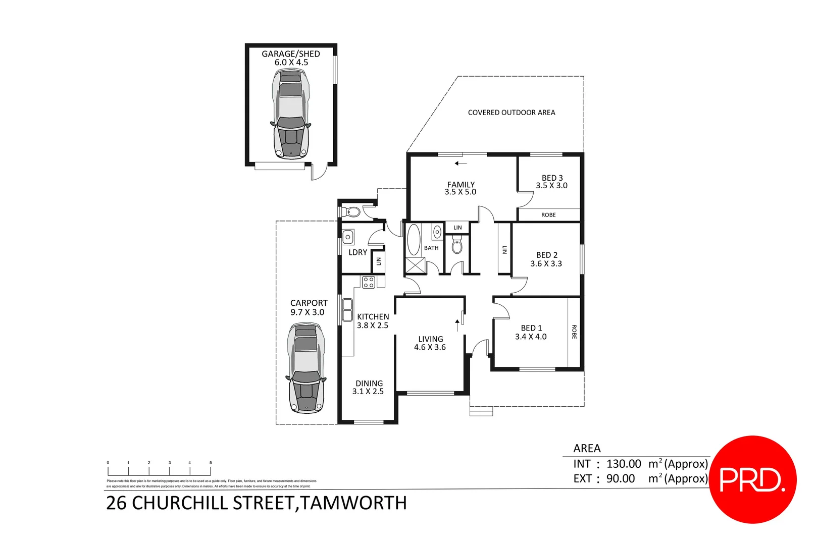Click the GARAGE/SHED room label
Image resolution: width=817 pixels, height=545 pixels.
290,54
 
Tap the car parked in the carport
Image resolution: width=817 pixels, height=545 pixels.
305,368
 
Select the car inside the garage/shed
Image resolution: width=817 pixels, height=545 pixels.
291,114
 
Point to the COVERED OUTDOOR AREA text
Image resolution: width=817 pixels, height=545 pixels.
511,113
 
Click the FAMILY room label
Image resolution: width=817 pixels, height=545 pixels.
461,185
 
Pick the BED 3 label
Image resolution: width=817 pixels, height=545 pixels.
552,178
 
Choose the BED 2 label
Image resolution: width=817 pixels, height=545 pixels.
546,255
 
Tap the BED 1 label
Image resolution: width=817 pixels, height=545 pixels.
531,328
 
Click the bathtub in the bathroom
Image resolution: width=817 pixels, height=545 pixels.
414,240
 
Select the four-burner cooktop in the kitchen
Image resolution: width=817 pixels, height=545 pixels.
369,282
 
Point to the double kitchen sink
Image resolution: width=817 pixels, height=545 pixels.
347,310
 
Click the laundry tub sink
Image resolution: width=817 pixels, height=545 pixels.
348,237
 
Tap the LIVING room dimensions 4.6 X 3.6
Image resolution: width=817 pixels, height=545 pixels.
430,347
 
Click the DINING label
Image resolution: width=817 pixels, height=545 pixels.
369,384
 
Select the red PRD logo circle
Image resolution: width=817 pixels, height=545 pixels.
752,479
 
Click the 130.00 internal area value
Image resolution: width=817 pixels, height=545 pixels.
624,464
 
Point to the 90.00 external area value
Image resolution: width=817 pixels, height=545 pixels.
621,478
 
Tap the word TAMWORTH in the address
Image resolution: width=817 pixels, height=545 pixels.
353,503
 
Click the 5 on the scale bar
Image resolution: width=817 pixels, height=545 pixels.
211,463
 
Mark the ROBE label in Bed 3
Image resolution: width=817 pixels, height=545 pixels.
548,215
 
